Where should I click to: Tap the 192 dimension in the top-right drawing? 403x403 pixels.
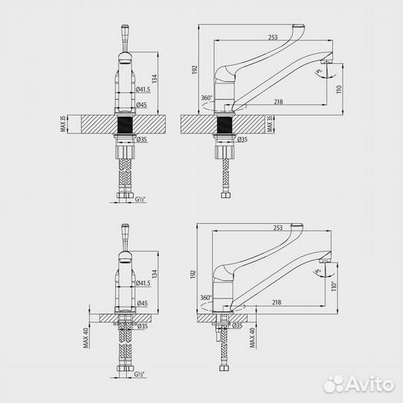pos(193,69)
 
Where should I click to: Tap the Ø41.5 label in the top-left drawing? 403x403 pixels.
pos(144,89)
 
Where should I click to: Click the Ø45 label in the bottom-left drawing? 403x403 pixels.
pos(143,303)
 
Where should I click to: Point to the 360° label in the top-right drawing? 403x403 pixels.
pos(206,98)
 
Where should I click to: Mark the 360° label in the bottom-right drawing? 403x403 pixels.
pos(206,296)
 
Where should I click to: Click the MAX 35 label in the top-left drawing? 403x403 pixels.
pos(64,124)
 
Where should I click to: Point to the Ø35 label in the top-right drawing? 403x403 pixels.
pos(241,140)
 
